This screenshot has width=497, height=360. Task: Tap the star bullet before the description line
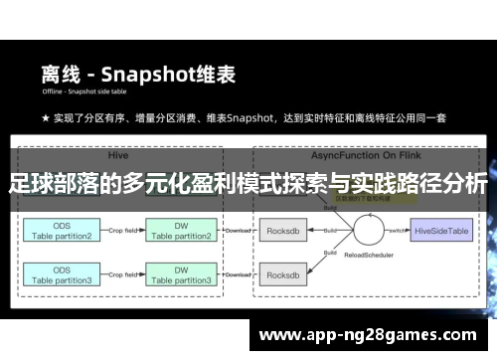click(46, 118)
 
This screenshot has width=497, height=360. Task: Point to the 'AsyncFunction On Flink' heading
click(340, 155)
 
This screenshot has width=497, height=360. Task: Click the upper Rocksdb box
click(285, 231)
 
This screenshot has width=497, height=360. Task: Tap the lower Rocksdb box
click(285, 275)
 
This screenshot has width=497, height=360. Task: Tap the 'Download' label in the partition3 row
click(238, 274)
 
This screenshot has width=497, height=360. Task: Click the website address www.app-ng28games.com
click(367, 335)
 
